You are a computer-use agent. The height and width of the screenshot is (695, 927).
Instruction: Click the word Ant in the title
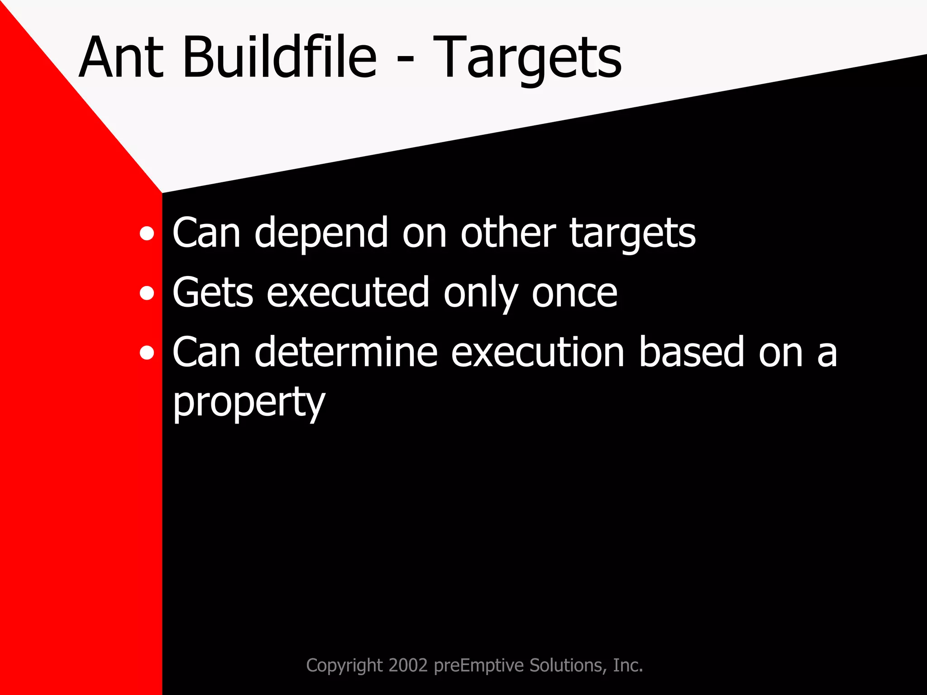point(121,58)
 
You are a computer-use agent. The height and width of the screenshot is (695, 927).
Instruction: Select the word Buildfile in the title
point(279,58)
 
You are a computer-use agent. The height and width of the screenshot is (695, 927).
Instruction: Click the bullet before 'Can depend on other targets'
point(147,234)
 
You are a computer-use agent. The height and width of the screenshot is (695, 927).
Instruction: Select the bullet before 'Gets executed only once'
point(147,294)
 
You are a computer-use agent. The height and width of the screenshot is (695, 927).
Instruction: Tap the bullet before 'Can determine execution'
point(147,353)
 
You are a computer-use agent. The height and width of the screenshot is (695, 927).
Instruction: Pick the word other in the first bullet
point(508,233)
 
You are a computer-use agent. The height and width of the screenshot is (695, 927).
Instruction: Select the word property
point(249,403)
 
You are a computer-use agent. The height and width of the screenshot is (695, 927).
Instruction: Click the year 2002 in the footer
point(408,665)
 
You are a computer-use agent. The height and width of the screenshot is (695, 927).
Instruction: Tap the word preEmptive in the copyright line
point(479,666)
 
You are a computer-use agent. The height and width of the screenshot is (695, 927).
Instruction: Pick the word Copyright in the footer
point(344,666)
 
